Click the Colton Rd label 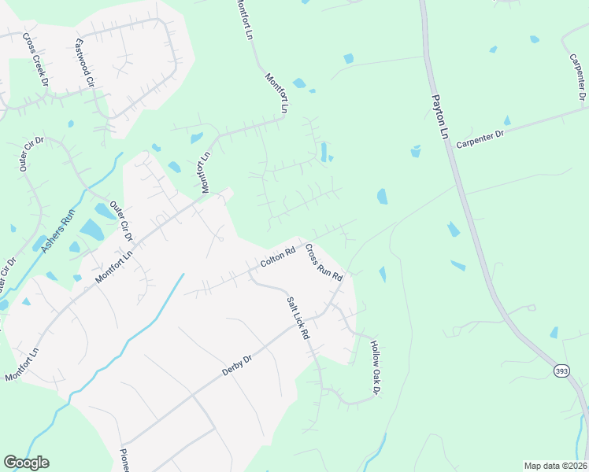277,256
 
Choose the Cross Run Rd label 324,263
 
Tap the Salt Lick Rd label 298,318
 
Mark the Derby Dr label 236,365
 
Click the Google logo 26,463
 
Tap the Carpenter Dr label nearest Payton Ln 483,136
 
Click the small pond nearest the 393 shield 554,333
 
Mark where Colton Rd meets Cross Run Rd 298,240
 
